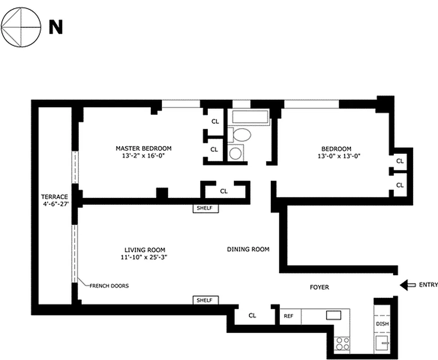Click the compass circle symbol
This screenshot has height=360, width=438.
pyautogui.click(x=21, y=27)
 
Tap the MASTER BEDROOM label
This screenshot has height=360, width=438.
pyautogui.click(x=143, y=148)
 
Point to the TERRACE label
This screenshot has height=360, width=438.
pyautogui.click(x=54, y=197)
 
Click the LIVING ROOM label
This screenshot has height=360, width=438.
pyautogui.click(x=144, y=250)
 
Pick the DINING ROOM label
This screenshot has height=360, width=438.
pyautogui.click(x=248, y=249)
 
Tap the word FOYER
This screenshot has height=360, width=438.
pyautogui.click(x=319, y=287)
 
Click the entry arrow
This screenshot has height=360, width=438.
pyautogui.click(x=408, y=285)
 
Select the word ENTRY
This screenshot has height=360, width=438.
pyautogui.click(x=428, y=284)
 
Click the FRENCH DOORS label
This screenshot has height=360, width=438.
pyautogui.click(x=109, y=286)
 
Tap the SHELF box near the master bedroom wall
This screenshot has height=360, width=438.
pyautogui.click(x=206, y=208)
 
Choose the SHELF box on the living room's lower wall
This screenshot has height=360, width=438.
pyautogui.click(x=206, y=300)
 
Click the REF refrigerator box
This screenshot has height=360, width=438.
pyautogui.click(x=288, y=316)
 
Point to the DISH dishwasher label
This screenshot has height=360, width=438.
pyautogui.click(x=382, y=324)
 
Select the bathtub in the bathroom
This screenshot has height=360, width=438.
pyautogui.click(x=250, y=117)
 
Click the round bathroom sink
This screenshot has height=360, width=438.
pyautogui.click(x=235, y=153)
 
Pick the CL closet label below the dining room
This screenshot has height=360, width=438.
pyautogui.click(x=252, y=316)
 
